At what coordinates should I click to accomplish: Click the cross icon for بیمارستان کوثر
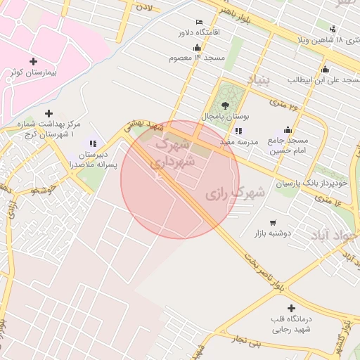point(34,61)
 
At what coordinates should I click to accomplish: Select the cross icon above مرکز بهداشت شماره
point(49,113)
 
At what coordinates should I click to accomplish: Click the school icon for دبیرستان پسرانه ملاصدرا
point(93,143)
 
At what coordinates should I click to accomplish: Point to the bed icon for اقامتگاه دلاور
point(199,22)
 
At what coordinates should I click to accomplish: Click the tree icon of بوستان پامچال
point(225,105)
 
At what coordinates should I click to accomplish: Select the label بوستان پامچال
point(226,115)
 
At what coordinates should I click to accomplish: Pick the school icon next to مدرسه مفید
point(238,131)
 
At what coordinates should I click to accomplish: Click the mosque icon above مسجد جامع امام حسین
point(288,130)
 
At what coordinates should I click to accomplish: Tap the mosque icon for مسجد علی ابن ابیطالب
point(325,69)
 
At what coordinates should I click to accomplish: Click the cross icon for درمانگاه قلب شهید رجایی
point(292,308)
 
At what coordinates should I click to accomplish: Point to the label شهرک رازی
point(235,192)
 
